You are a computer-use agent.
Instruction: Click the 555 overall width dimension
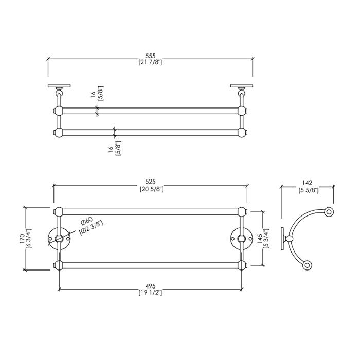150,56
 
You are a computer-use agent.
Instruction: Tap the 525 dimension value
150,182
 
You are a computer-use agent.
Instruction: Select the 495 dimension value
150,286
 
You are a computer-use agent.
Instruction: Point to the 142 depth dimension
307,183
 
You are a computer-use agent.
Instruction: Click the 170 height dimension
22,239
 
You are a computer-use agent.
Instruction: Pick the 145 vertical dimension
260,239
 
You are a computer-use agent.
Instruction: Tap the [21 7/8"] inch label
150,62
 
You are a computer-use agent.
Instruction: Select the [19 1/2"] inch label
150,293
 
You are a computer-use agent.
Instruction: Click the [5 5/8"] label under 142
309,190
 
